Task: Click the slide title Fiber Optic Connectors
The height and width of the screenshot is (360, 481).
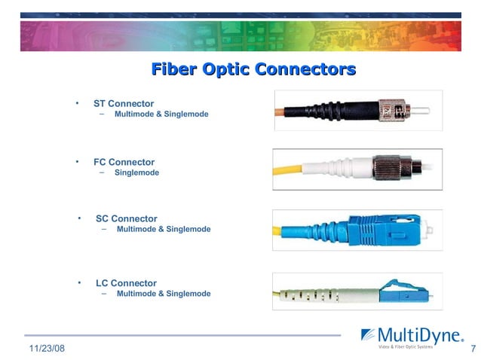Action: tap(253, 70)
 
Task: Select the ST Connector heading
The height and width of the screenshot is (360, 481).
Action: tap(124, 103)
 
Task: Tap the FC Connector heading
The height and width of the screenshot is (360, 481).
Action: tap(124, 162)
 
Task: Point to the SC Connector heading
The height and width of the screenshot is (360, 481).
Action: tap(127, 218)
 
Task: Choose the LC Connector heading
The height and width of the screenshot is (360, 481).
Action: tap(127, 283)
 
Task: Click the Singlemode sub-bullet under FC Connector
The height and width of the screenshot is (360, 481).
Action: tap(136, 172)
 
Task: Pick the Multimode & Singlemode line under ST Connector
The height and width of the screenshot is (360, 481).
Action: tap(161, 114)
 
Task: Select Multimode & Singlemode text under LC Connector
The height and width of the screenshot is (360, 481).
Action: tap(164, 293)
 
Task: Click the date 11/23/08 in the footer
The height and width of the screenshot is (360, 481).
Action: tap(47, 349)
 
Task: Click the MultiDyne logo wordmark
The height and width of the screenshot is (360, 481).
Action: tap(418, 334)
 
